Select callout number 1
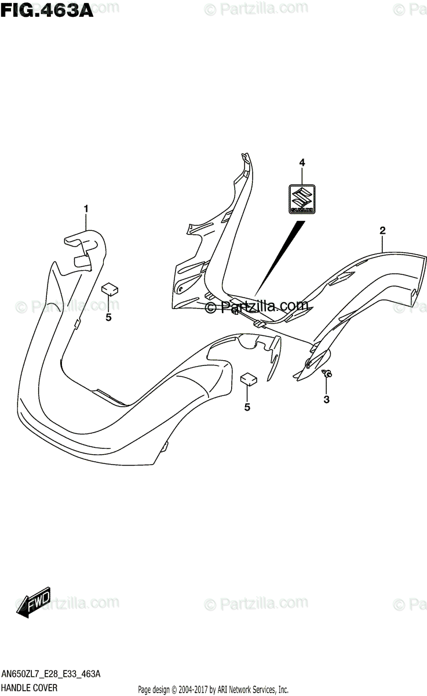(86, 209)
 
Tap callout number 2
(383, 231)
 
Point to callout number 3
(327, 399)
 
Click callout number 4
(302, 164)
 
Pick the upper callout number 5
(108, 317)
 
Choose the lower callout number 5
(247, 407)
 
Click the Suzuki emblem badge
(302, 199)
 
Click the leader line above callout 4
(302, 176)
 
